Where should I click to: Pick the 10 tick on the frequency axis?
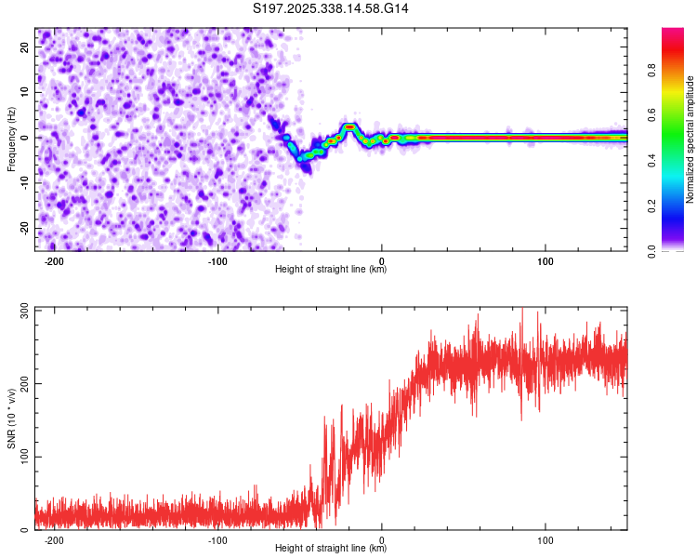pos(26,93)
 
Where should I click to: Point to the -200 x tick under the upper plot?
pos(54,260)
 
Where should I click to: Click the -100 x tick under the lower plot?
pos(217,540)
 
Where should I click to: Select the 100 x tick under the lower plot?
pos(546,540)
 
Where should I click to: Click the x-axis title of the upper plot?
pos(331,270)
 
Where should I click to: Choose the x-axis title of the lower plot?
pos(331,549)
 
